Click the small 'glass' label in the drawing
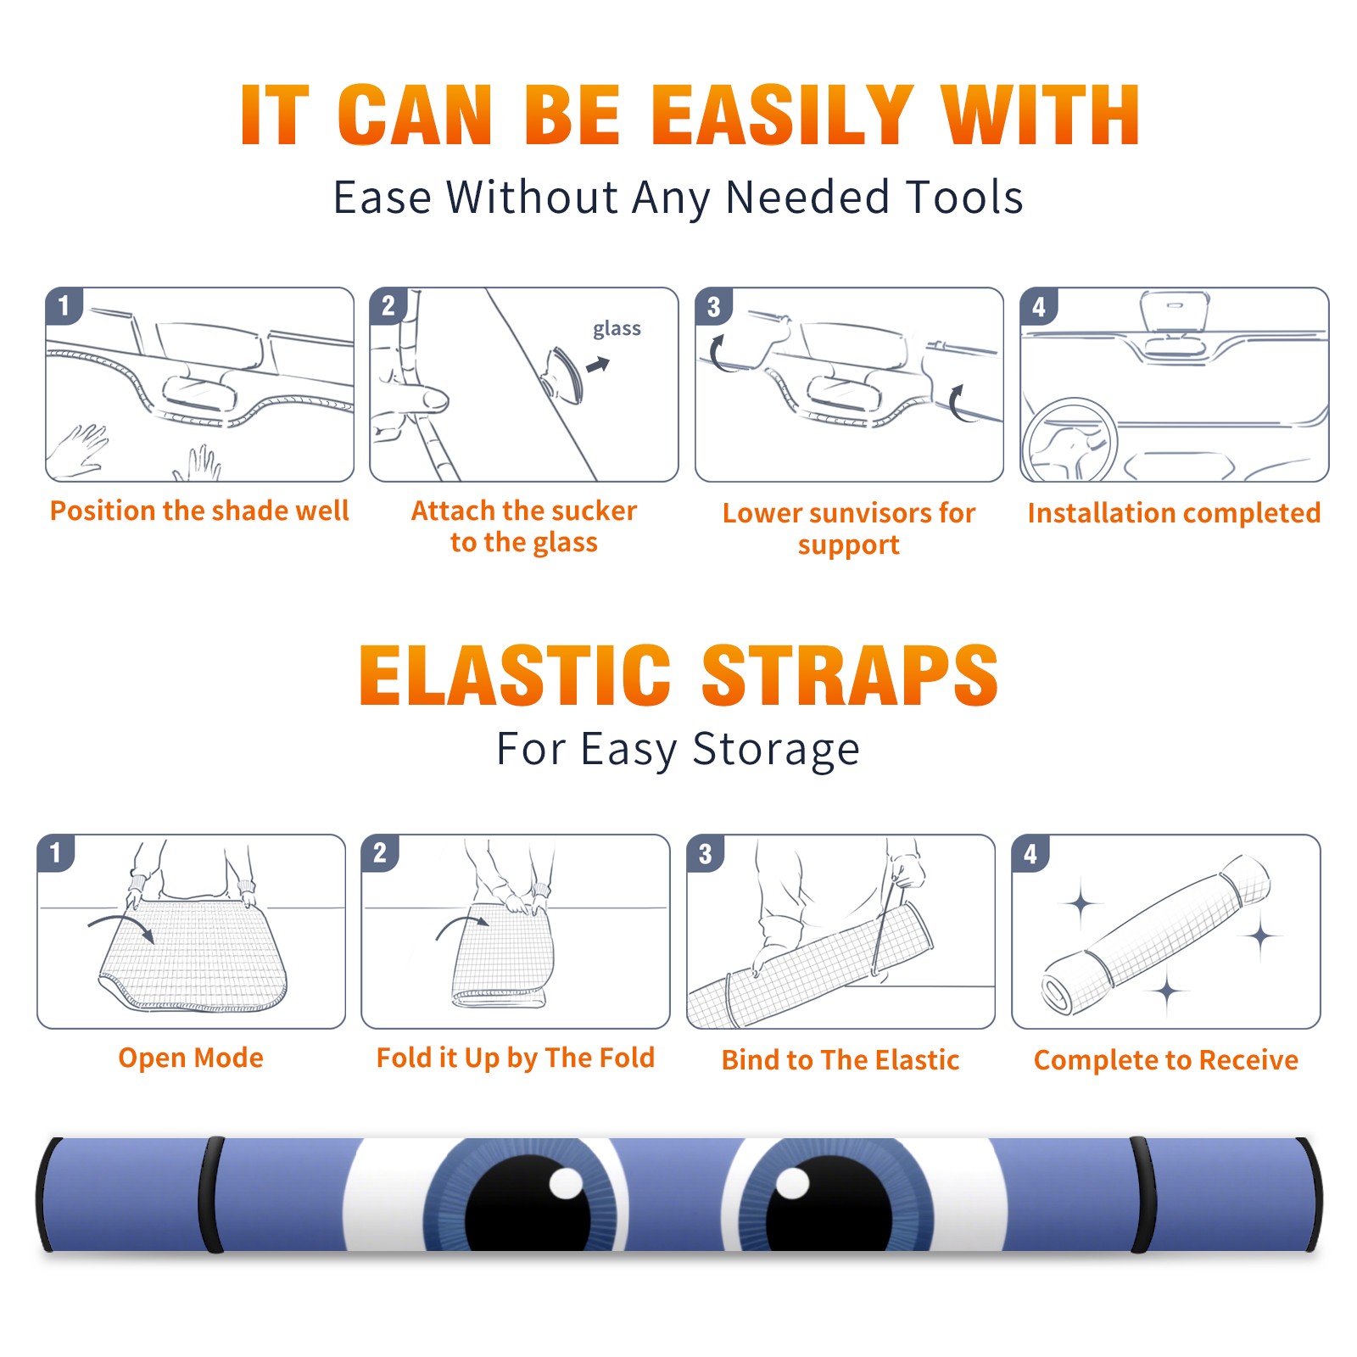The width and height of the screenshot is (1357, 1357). point(617,329)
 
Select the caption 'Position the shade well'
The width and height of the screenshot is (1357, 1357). point(199,511)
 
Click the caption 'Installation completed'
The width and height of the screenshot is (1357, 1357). point(1174,513)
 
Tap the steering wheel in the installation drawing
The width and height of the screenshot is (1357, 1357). point(1070,441)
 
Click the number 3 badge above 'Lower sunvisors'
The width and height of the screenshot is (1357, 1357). point(713,306)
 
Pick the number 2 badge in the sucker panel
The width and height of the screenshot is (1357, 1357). point(388,305)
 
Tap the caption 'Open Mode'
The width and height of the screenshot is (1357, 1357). point(191,1058)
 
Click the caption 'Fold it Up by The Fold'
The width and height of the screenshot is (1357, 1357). point(516,1058)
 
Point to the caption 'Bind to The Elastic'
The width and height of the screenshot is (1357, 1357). point(840,1060)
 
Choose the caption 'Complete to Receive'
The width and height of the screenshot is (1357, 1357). point(1166,1060)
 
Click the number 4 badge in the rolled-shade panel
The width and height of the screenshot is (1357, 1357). point(1030,853)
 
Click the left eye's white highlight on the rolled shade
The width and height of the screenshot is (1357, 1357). point(566,1183)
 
